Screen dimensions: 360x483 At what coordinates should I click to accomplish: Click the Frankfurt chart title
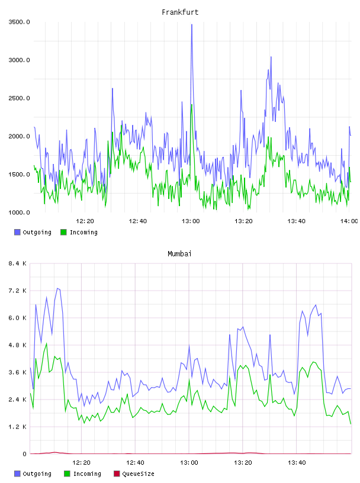(180, 12)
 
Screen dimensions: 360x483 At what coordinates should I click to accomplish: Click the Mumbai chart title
(179, 253)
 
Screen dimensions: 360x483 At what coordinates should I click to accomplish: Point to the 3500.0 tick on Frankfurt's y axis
(19, 22)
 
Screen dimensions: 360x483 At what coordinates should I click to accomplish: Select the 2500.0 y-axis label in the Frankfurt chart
(19, 98)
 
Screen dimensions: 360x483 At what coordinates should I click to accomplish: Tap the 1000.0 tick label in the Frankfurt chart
(19, 212)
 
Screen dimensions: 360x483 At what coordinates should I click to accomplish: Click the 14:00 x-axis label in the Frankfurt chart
(349, 221)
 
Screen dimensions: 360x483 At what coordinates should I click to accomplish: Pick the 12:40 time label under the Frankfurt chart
(138, 221)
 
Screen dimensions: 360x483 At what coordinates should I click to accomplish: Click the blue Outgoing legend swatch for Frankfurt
(17, 232)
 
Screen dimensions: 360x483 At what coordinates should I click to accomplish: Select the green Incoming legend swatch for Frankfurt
(63, 232)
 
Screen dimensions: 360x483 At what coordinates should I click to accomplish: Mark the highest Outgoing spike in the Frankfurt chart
(192, 25)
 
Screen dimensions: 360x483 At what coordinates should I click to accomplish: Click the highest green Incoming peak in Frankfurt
(192, 105)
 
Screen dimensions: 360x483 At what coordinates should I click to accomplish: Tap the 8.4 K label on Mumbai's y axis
(18, 263)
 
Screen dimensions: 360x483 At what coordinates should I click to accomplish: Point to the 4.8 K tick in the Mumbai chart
(18, 345)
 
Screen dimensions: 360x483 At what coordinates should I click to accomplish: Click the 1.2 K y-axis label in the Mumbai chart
(18, 427)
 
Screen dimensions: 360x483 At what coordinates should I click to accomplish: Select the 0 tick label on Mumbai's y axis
(25, 454)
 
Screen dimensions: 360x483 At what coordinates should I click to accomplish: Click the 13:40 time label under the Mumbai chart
(297, 462)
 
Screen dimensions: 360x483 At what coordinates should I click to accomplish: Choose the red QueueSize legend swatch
(117, 474)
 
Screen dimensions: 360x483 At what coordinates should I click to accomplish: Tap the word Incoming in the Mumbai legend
(87, 474)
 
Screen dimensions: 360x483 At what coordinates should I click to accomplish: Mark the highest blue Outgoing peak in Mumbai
(57, 289)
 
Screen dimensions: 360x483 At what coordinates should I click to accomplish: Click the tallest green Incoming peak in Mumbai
(47, 343)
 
